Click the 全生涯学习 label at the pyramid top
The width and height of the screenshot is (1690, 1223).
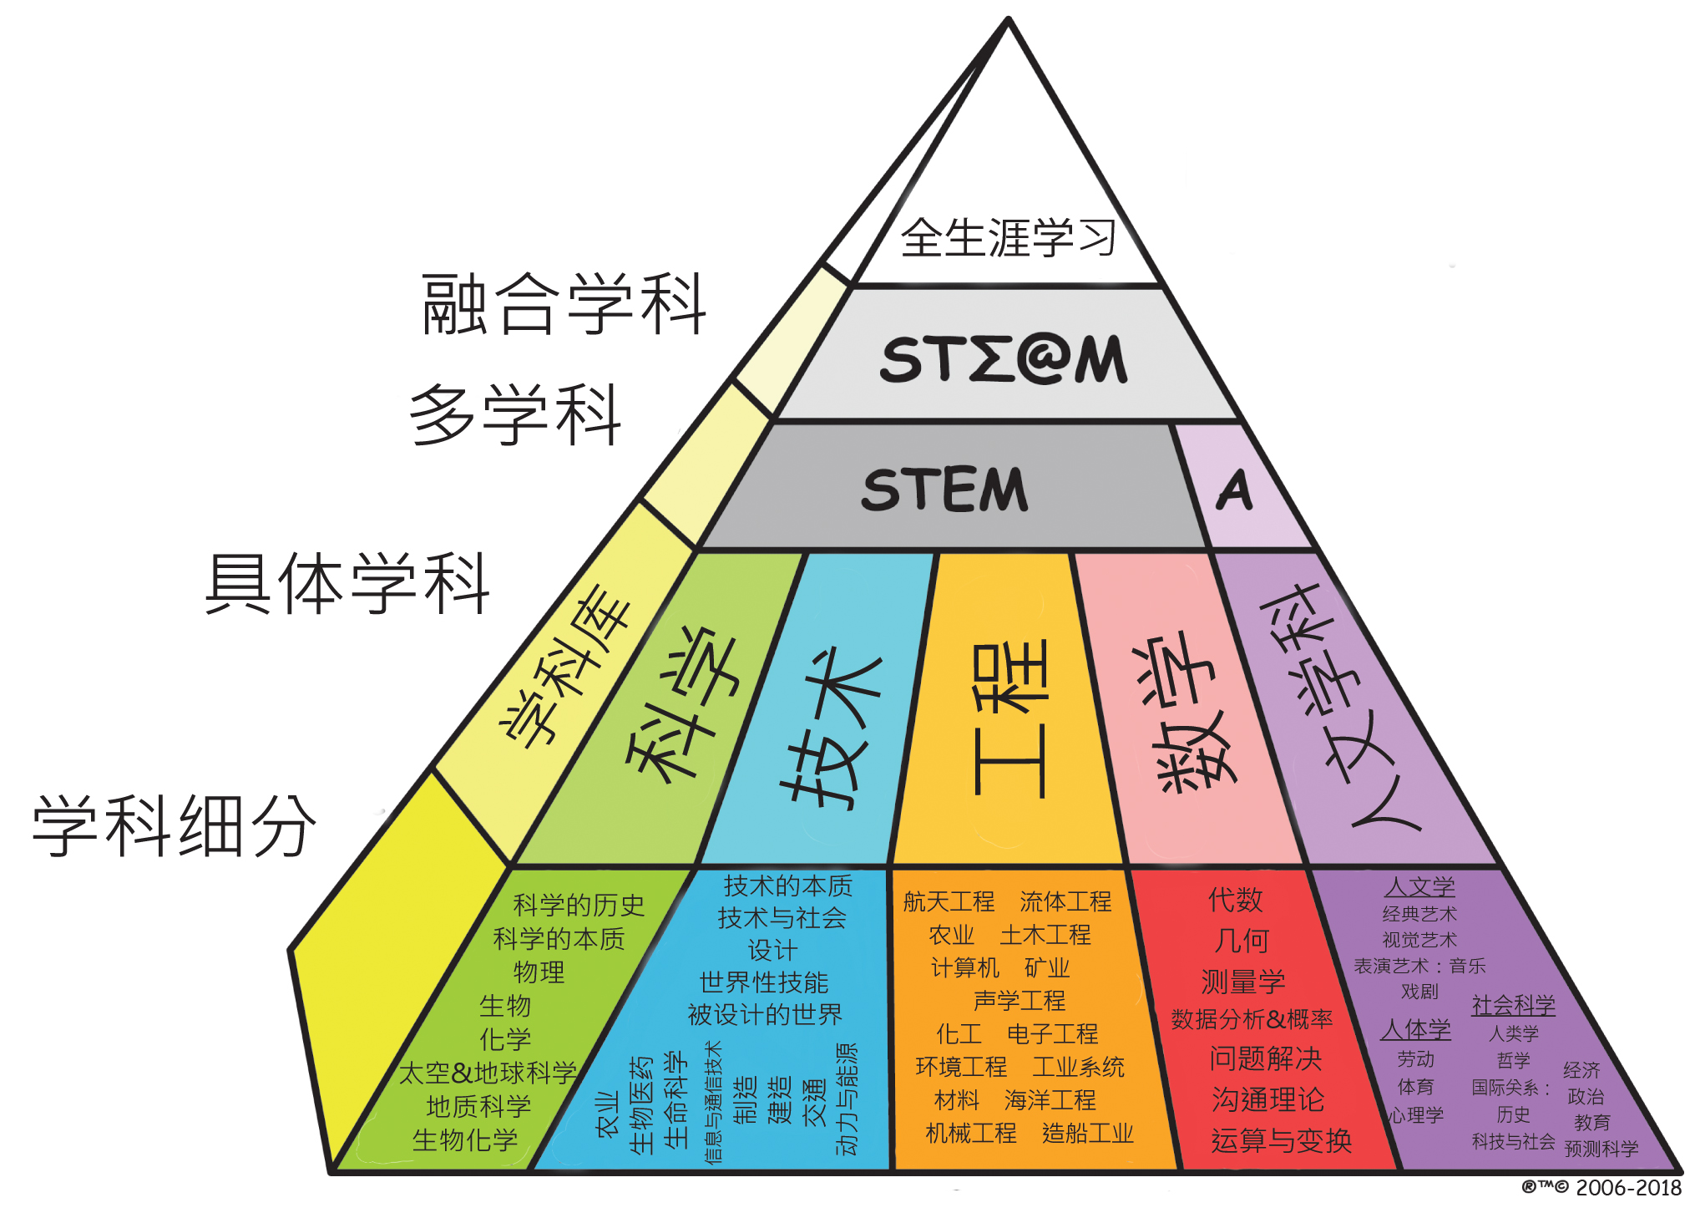[1008, 238]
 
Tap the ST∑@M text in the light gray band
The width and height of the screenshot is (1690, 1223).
[1004, 359]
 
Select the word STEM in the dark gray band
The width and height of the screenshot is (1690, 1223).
[944, 490]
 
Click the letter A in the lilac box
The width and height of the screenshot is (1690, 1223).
[1234, 490]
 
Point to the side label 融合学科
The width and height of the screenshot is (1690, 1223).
[564, 305]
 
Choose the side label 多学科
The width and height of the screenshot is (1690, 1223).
[516, 415]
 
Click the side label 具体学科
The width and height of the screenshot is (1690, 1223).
[347, 584]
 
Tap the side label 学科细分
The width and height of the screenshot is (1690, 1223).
[175, 826]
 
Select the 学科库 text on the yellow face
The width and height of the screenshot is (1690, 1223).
[565, 666]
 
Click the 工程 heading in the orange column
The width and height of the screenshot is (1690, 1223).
[1010, 719]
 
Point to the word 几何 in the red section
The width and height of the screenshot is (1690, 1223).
[1242, 941]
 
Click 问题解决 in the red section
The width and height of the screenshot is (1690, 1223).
[1265, 1058]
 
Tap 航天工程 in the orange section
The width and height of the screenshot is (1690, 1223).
[949, 902]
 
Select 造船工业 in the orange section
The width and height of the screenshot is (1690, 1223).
[1087, 1134]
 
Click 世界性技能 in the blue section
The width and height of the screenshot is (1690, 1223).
[764, 982]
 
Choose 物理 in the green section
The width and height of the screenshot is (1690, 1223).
[539, 972]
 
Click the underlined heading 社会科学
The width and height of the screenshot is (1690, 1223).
[1513, 1005]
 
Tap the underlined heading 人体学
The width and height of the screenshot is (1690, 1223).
[1415, 1029]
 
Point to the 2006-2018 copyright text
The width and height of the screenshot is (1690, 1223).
[1627, 1188]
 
